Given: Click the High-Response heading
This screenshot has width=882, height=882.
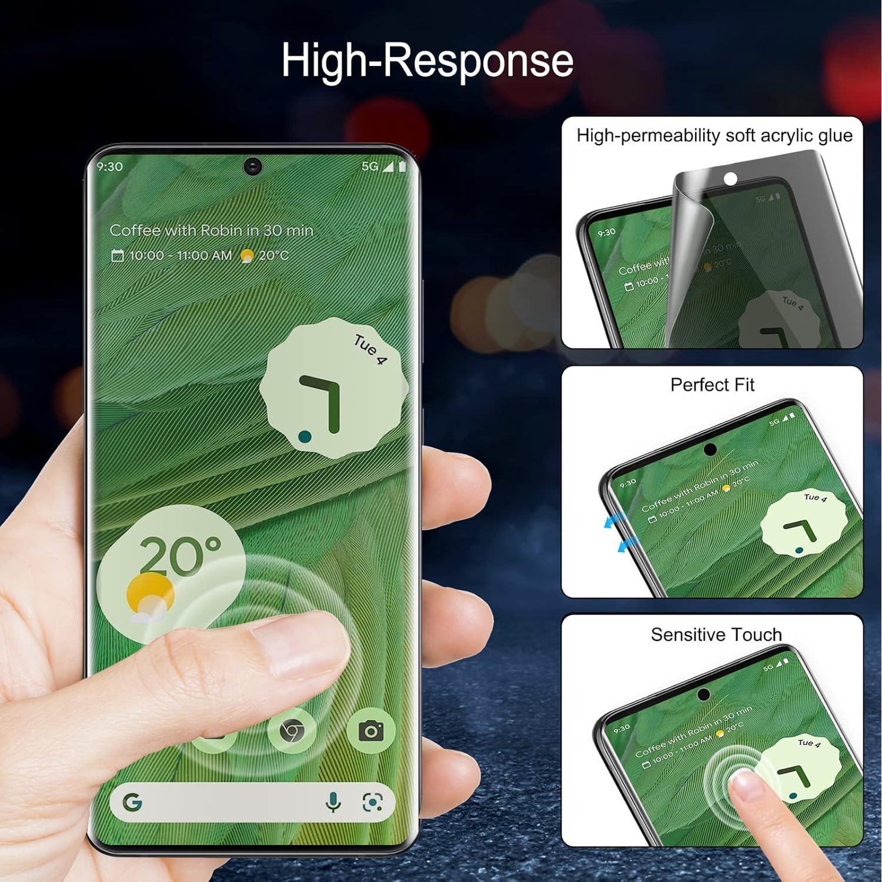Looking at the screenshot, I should pyautogui.click(x=427, y=60).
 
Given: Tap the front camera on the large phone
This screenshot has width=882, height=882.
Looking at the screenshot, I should pyautogui.click(x=253, y=166).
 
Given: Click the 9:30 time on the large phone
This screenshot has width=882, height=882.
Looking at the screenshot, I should pyautogui.click(x=110, y=166).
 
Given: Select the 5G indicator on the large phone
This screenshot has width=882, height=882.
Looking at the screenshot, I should pyautogui.click(x=370, y=166).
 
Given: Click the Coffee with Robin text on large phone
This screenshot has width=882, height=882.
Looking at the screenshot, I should pyautogui.click(x=211, y=230).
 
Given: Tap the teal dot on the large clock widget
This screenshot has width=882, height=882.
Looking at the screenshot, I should pyautogui.click(x=305, y=436).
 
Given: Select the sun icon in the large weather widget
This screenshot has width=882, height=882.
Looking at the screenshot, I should pyautogui.click(x=150, y=594).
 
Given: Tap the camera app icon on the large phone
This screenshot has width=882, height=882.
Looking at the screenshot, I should pyautogui.click(x=371, y=731).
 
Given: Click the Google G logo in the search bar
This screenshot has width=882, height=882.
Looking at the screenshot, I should pyautogui.click(x=132, y=802).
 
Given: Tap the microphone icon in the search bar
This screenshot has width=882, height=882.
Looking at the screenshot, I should pyautogui.click(x=333, y=802).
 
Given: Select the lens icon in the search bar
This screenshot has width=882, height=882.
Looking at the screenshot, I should pyautogui.click(x=372, y=802).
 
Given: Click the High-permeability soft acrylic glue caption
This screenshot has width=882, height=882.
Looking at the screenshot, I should pyautogui.click(x=714, y=136).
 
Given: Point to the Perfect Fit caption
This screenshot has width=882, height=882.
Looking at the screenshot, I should pyautogui.click(x=712, y=385).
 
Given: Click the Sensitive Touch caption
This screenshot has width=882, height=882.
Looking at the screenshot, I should pyautogui.click(x=716, y=634).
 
